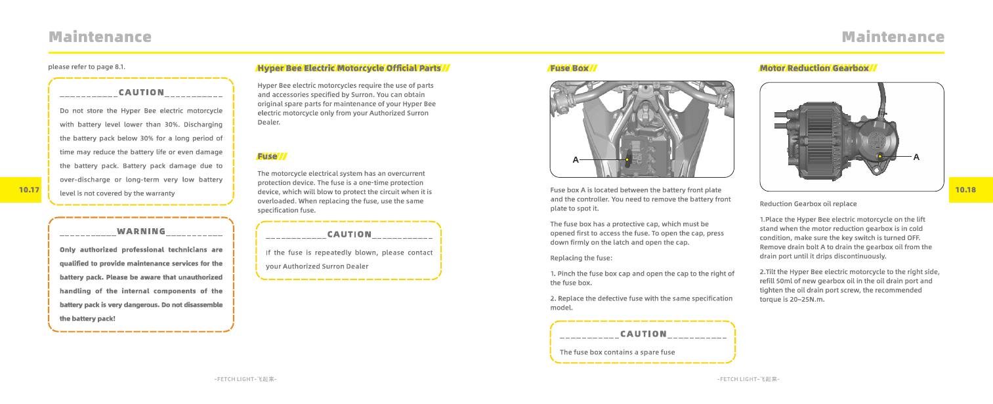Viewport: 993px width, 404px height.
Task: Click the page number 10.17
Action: coord(30,190)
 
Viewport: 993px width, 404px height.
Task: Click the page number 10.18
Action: coord(965,190)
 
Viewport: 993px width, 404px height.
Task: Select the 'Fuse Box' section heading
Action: coord(570,68)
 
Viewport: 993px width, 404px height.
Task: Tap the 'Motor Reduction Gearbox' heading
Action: coord(814,68)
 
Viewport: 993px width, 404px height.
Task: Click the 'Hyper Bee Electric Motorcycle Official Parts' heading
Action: coord(349,68)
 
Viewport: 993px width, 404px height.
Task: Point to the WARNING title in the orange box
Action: coord(141,232)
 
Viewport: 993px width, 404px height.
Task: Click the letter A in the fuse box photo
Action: coord(576,160)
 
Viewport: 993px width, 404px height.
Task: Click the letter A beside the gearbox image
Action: coord(916,157)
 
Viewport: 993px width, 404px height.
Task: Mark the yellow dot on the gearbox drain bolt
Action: coord(880,156)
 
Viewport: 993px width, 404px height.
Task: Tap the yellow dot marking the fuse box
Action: coord(627,159)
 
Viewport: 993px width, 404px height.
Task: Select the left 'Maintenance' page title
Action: coord(100,37)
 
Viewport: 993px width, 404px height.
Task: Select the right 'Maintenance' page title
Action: coord(893,37)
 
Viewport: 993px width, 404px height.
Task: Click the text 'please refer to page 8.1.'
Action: coord(87,67)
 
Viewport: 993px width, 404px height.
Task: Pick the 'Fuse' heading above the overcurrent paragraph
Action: coord(267,156)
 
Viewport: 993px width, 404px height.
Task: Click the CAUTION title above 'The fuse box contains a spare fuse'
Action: coord(643,334)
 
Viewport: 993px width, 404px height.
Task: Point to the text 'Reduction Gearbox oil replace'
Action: coord(808,204)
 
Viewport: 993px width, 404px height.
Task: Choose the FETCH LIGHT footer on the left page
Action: coord(245,379)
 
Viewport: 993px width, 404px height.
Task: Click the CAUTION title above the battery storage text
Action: coord(141,92)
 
